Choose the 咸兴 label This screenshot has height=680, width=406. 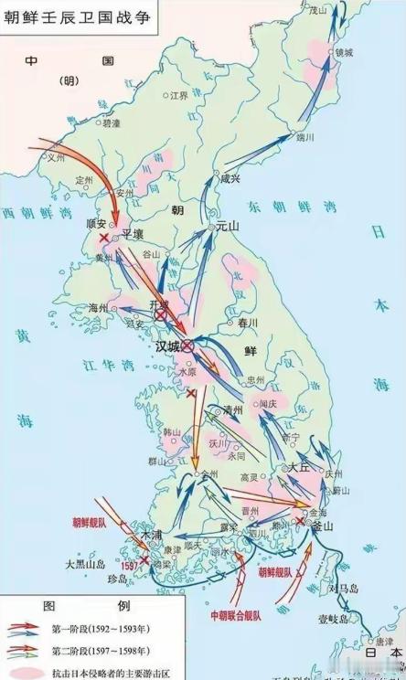(x=230, y=180)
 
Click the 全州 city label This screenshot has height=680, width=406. (x=209, y=474)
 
